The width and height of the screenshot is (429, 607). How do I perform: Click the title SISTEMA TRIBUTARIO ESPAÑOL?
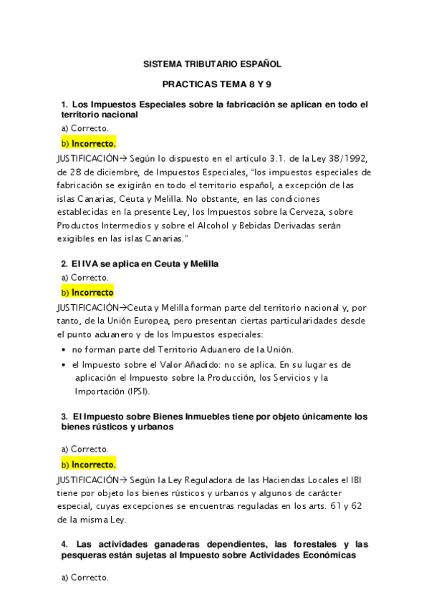(x=213, y=63)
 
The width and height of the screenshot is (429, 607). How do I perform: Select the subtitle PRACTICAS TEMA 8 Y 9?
(x=213, y=84)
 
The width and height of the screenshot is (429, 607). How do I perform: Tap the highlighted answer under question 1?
(x=89, y=143)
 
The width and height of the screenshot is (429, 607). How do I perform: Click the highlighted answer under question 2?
(x=87, y=292)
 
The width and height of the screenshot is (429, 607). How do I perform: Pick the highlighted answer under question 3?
(x=89, y=464)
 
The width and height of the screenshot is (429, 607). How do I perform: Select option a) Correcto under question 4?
(x=85, y=576)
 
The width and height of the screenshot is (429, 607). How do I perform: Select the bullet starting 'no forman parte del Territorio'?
(x=183, y=349)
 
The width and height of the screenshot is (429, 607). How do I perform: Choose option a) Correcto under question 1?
(x=85, y=128)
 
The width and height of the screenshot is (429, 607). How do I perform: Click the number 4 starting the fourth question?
(x=64, y=545)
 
